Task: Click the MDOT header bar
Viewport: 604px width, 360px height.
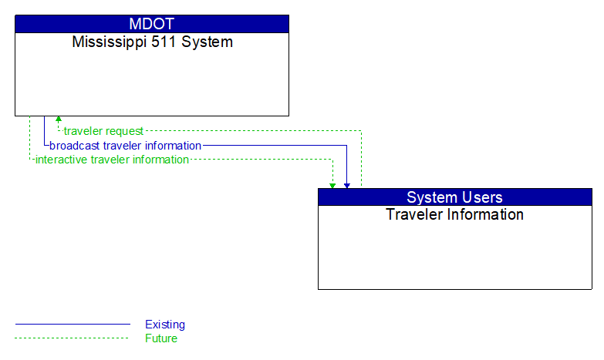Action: coord(152,24)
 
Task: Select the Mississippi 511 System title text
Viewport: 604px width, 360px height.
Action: coord(152,42)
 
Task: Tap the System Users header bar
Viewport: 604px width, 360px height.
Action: coord(454,197)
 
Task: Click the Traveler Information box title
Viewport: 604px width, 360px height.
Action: coord(454,215)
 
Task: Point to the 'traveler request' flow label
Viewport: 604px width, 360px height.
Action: coord(103,131)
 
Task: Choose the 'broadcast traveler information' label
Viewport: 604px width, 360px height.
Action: coord(125,146)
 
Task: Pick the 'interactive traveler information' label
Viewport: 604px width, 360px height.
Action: coord(112,160)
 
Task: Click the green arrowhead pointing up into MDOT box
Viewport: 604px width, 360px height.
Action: coord(58,119)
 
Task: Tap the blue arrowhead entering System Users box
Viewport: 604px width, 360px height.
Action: coord(347,185)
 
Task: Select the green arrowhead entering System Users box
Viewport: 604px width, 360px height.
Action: coord(332,185)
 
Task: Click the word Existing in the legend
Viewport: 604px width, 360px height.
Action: coord(165,325)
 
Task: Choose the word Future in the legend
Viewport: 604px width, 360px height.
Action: coord(161,338)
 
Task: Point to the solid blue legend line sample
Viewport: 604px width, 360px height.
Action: coord(73,325)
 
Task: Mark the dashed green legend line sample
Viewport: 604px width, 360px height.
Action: coord(73,338)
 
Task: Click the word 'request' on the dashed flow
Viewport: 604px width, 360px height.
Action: coord(125,131)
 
